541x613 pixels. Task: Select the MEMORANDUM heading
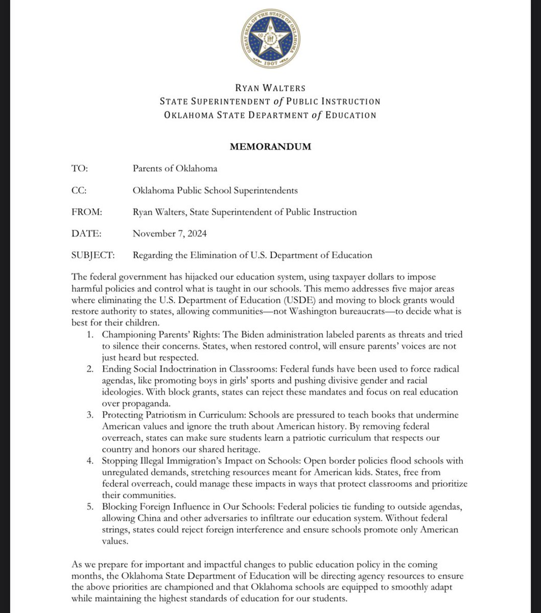[270, 147]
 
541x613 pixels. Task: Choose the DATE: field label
[86, 233]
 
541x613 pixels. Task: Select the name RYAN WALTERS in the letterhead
[270, 88]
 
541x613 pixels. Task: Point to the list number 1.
[90, 335]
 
